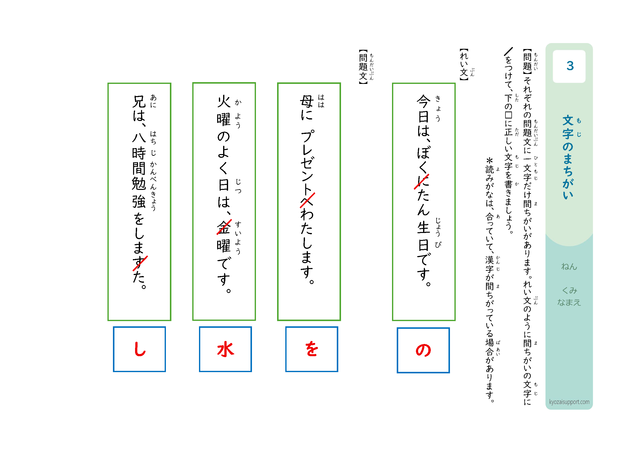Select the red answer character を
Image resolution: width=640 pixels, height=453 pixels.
pos(312,349)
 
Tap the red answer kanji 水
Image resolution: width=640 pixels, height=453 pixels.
pos(226,349)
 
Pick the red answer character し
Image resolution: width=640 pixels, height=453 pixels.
pos(140,349)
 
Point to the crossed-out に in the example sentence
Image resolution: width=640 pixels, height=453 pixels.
pos(422,182)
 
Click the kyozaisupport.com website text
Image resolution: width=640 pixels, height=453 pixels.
pos(569,402)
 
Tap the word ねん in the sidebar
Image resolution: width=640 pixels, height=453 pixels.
pos(569,267)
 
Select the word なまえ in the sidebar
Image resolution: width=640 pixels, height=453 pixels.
pos(569,302)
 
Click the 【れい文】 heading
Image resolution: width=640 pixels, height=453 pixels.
pos(464,65)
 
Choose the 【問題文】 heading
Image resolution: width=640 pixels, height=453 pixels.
pos(363,67)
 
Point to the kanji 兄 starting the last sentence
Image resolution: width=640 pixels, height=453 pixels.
pos(139,102)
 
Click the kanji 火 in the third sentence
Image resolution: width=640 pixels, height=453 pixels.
pos(224,102)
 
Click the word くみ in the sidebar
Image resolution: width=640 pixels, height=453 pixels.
pos(569,291)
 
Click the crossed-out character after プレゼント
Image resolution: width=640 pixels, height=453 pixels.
pos(307,200)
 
